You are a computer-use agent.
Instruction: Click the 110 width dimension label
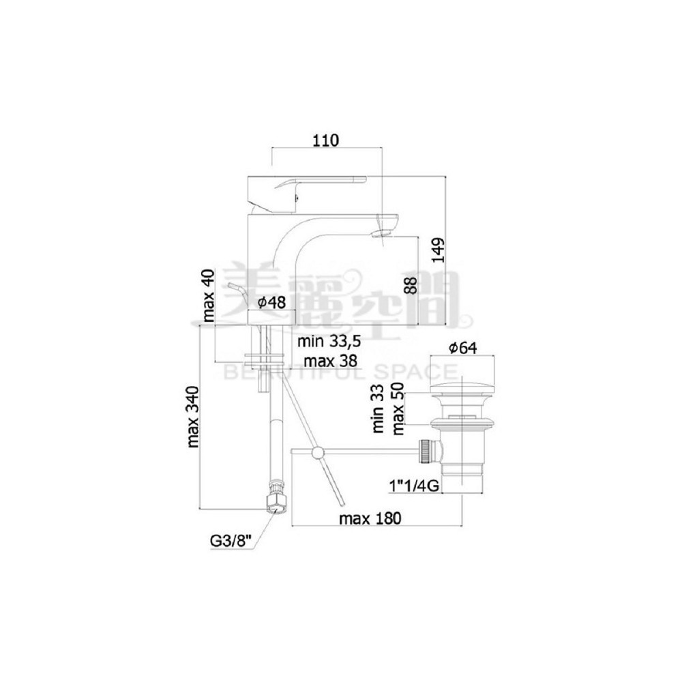(x=325, y=140)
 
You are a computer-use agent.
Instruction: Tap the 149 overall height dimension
(x=439, y=250)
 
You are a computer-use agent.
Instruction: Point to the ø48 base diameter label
(x=272, y=302)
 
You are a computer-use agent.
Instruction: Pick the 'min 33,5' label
(x=329, y=342)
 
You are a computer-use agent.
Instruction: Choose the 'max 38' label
(x=331, y=361)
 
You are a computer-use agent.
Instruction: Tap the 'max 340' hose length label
(x=193, y=417)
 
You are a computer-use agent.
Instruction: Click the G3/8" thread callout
(x=231, y=541)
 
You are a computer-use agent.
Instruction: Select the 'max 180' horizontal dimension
(x=370, y=518)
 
